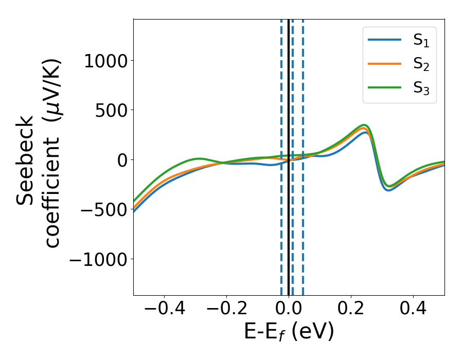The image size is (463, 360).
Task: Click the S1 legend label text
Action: point(421,41)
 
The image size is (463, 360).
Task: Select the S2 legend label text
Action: point(421,64)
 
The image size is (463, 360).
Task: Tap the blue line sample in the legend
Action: point(384,40)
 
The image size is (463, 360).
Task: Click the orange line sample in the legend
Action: point(384,64)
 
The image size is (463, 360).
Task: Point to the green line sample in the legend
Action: point(384,87)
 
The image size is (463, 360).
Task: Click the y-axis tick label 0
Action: point(121,160)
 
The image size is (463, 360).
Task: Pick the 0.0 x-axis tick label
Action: point(289,310)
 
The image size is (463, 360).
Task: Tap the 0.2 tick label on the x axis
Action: point(351,310)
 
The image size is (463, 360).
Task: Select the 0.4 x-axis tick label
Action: point(413,310)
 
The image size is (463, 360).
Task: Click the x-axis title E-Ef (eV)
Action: point(289,332)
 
